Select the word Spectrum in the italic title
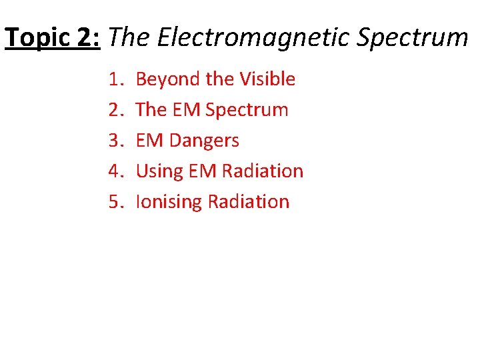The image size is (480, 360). [413, 38]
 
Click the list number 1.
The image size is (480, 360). [115, 79]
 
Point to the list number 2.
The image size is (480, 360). [115, 110]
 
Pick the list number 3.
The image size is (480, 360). [115, 141]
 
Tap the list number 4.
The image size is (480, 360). [115, 171]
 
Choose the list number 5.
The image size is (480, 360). [115, 202]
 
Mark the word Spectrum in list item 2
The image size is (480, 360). [247, 110]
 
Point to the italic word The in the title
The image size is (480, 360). [129, 38]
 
